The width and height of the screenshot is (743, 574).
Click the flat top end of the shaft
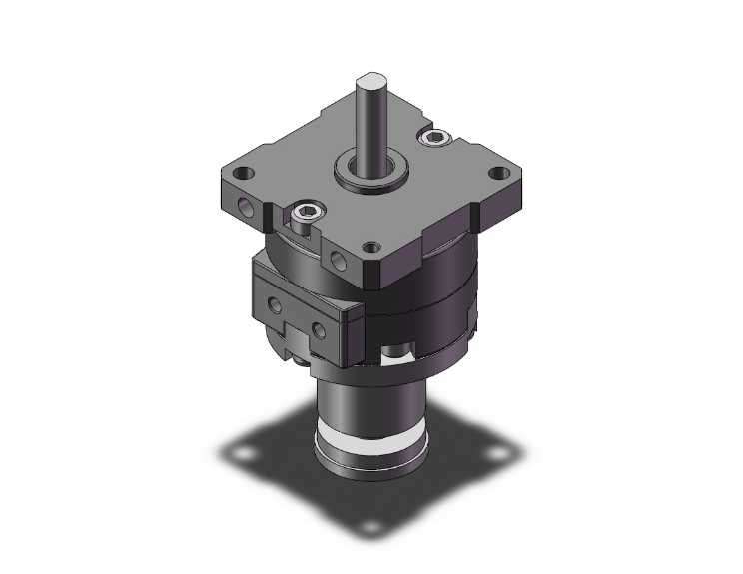pos(371,78)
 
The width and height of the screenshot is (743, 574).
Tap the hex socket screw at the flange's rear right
pos(435,137)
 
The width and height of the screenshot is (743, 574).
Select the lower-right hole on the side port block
pos(319,328)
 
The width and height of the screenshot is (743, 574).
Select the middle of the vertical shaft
pos(371,125)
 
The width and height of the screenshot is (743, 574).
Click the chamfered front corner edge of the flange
pos(377,271)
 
